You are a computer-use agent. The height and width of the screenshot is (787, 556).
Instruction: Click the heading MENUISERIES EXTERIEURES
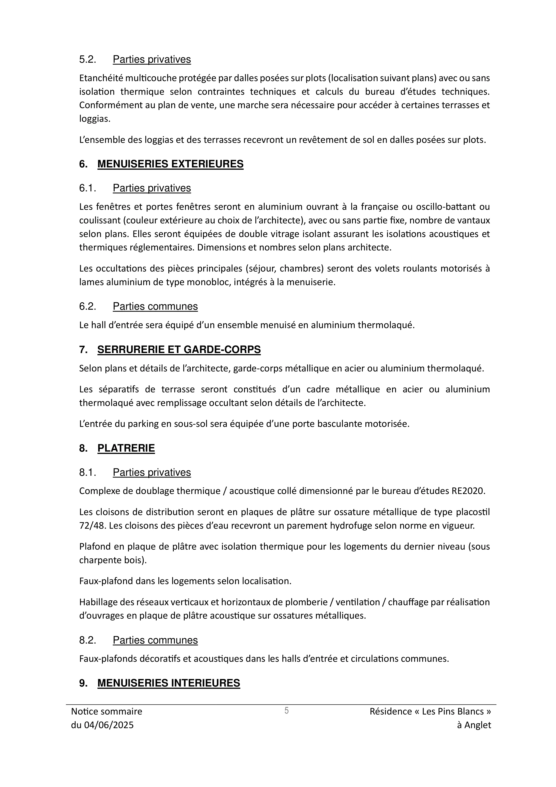170,164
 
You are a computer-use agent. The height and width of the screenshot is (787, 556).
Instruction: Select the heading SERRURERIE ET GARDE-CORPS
179,350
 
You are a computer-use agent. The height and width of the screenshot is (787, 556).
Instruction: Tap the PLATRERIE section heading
126,448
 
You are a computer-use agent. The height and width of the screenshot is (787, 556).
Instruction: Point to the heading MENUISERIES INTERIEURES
169,683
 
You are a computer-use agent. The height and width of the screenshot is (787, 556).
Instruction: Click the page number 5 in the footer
287,710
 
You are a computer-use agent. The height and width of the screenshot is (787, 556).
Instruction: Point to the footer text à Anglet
474,725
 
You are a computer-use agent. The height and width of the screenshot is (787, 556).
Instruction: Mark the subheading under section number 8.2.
155,640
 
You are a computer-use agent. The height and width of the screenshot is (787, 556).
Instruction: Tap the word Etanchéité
101,78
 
